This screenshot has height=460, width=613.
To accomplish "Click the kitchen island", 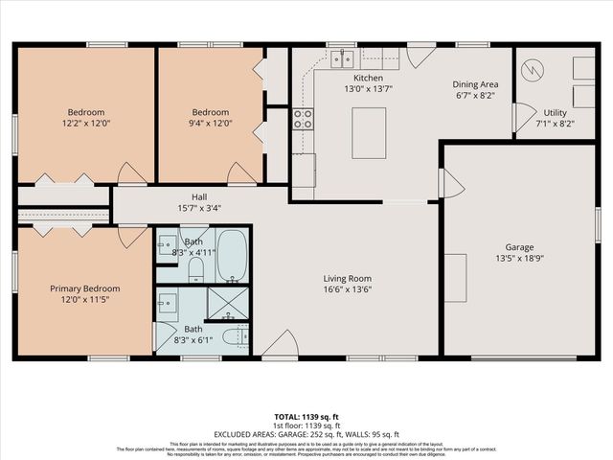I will (x=369, y=133).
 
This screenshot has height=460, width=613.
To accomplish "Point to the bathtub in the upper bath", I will (x=231, y=256).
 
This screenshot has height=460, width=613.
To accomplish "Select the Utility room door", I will (x=523, y=117).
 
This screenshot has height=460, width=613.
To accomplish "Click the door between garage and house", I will (x=449, y=183).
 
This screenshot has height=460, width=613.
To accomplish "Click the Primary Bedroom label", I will (x=85, y=288).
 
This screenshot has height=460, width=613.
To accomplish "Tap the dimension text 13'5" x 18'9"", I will (x=518, y=258).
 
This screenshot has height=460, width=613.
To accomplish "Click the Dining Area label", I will (x=476, y=84).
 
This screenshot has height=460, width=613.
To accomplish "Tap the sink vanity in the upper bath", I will (x=166, y=243).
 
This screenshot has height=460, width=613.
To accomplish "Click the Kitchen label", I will (x=368, y=78).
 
